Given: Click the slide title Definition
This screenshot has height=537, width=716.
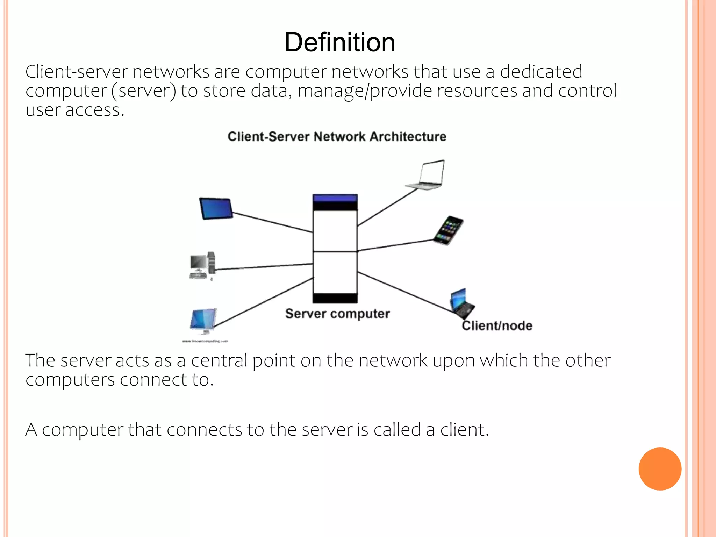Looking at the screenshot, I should [x=340, y=42].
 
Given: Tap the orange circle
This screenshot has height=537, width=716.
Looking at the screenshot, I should [x=660, y=469].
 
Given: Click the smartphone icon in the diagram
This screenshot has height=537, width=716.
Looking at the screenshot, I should [x=449, y=230].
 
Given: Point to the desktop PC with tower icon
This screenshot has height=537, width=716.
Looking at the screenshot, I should [x=202, y=266].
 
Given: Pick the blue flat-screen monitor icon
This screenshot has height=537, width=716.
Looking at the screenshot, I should [x=203, y=320].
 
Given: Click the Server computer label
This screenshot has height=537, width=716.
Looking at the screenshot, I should [x=337, y=314].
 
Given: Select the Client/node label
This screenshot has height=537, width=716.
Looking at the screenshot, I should [x=497, y=326].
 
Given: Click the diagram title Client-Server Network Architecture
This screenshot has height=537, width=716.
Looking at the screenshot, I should [x=337, y=136].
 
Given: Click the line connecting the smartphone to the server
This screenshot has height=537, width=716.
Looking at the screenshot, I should [x=395, y=245].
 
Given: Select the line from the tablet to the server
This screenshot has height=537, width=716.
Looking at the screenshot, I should [x=273, y=222].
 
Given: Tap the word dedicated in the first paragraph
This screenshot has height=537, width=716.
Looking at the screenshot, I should [x=541, y=72].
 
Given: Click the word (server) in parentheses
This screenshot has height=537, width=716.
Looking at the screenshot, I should [x=144, y=91].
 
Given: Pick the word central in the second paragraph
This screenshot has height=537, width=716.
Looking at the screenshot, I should [x=219, y=360].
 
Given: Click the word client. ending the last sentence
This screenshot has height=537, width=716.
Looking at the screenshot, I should [x=464, y=430].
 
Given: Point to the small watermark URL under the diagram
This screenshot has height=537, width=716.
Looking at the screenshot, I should [x=205, y=341].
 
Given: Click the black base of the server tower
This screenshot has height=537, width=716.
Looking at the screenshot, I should [x=335, y=298].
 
